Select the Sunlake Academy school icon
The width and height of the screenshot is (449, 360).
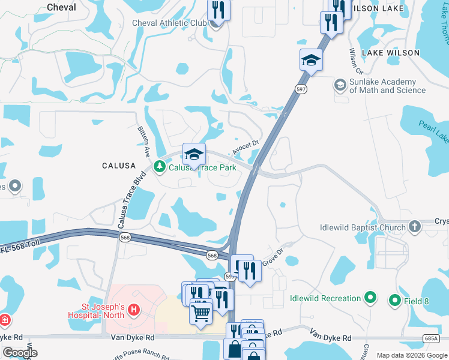tap(340, 85)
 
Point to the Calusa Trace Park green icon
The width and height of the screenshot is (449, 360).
tap(159, 167)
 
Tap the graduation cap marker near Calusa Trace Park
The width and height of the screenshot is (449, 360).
tap(194, 155)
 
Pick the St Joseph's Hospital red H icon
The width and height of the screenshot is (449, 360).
tap(134, 311)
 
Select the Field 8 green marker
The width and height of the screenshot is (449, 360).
tap(395, 300)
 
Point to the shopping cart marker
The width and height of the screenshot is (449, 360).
tap(200, 311)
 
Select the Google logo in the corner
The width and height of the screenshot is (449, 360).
tap(19, 352)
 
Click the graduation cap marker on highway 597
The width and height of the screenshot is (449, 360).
tap(311, 59)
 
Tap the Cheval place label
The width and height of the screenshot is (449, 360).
tap(61, 7)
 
